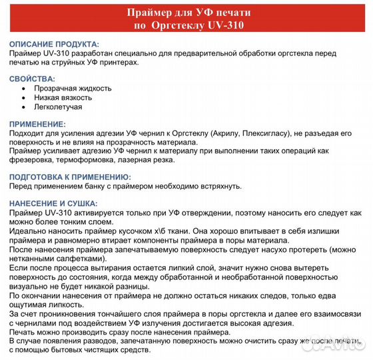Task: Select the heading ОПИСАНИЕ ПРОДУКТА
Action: click(x=55, y=43)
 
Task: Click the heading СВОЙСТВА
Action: click(x=33, y=79)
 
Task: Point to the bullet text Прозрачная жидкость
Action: click(x=73, y=88)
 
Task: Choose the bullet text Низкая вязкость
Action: click(x=64, y=97)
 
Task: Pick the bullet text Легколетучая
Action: click(x=58, y=107)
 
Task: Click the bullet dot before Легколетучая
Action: click(x=25, y=107)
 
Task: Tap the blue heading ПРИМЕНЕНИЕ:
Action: click(x=38, y=125)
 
